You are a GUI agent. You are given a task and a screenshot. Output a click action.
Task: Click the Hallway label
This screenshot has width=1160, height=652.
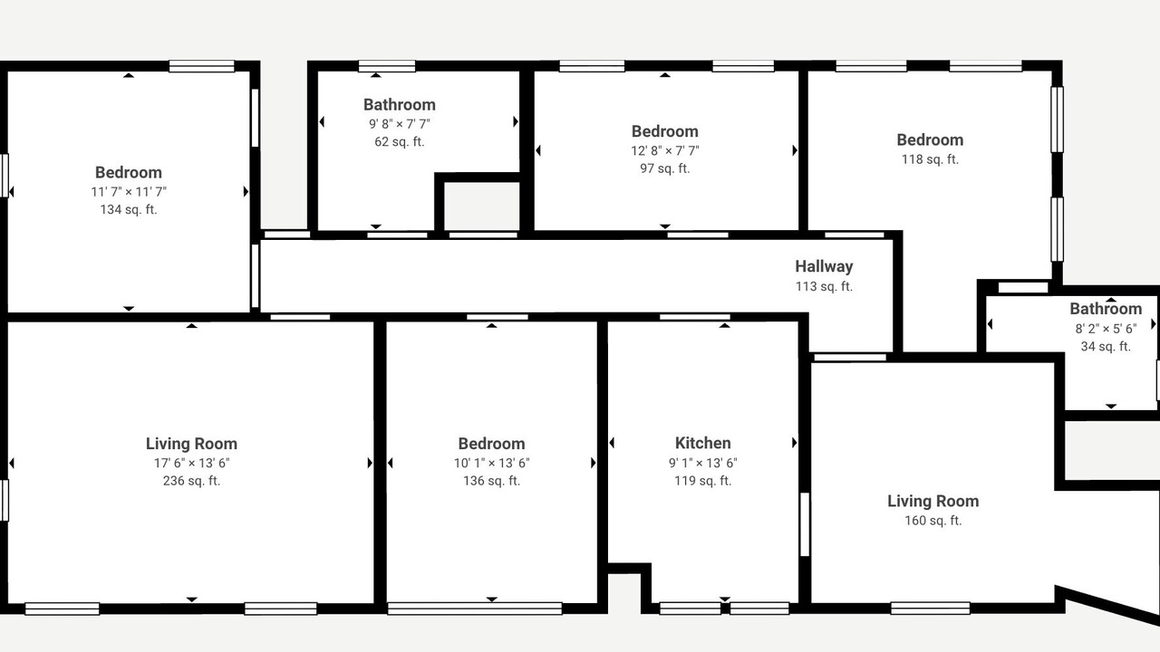click(824, 266)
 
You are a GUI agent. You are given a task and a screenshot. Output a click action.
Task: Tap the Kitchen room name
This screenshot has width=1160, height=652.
click(702, 443)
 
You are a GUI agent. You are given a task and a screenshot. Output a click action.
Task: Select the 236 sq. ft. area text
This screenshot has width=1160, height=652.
click(191, 481)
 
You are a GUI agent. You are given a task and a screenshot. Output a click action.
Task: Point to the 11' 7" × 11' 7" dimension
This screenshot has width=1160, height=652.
click(129, 192)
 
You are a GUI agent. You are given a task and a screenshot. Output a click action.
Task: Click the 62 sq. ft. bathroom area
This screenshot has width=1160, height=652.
click(400, 142)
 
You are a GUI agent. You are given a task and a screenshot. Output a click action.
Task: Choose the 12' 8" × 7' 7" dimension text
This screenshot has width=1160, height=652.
click(665, 150)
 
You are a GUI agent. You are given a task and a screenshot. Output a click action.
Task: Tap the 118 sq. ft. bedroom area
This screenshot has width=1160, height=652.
click(930, 159)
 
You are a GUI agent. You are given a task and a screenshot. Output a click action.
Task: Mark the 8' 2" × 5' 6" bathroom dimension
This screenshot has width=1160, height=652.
click(1106, 329)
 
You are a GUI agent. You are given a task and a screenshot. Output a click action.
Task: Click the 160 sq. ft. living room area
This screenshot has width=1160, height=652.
click(933, 521)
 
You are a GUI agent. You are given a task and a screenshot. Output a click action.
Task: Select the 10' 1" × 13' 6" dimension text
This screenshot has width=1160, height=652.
click(491, 463)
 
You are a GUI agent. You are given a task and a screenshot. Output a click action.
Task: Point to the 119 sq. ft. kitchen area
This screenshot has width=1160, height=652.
click(702, 481)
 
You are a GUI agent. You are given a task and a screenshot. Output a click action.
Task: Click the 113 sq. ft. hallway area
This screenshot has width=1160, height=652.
click(824, 286)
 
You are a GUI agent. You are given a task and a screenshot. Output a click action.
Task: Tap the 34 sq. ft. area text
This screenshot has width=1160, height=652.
click(1106, 346)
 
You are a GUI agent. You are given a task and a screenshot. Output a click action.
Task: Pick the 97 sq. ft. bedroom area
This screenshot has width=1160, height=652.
click(665, 168)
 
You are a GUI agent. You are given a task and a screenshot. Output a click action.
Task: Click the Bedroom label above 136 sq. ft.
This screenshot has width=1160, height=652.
click(491, 444)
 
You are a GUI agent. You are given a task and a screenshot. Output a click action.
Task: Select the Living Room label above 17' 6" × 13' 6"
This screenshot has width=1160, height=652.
click(191, 444)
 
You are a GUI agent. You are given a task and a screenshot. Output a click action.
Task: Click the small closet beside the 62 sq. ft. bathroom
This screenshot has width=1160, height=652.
click(481, 206)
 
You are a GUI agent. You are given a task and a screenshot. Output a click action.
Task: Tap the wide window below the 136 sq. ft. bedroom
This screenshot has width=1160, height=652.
click(475, 609)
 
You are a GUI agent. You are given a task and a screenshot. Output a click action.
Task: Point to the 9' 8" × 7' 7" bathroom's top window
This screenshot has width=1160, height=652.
click(387, 66)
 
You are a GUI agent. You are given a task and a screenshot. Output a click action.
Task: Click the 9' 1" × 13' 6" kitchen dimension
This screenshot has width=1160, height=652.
click(702, 463)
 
